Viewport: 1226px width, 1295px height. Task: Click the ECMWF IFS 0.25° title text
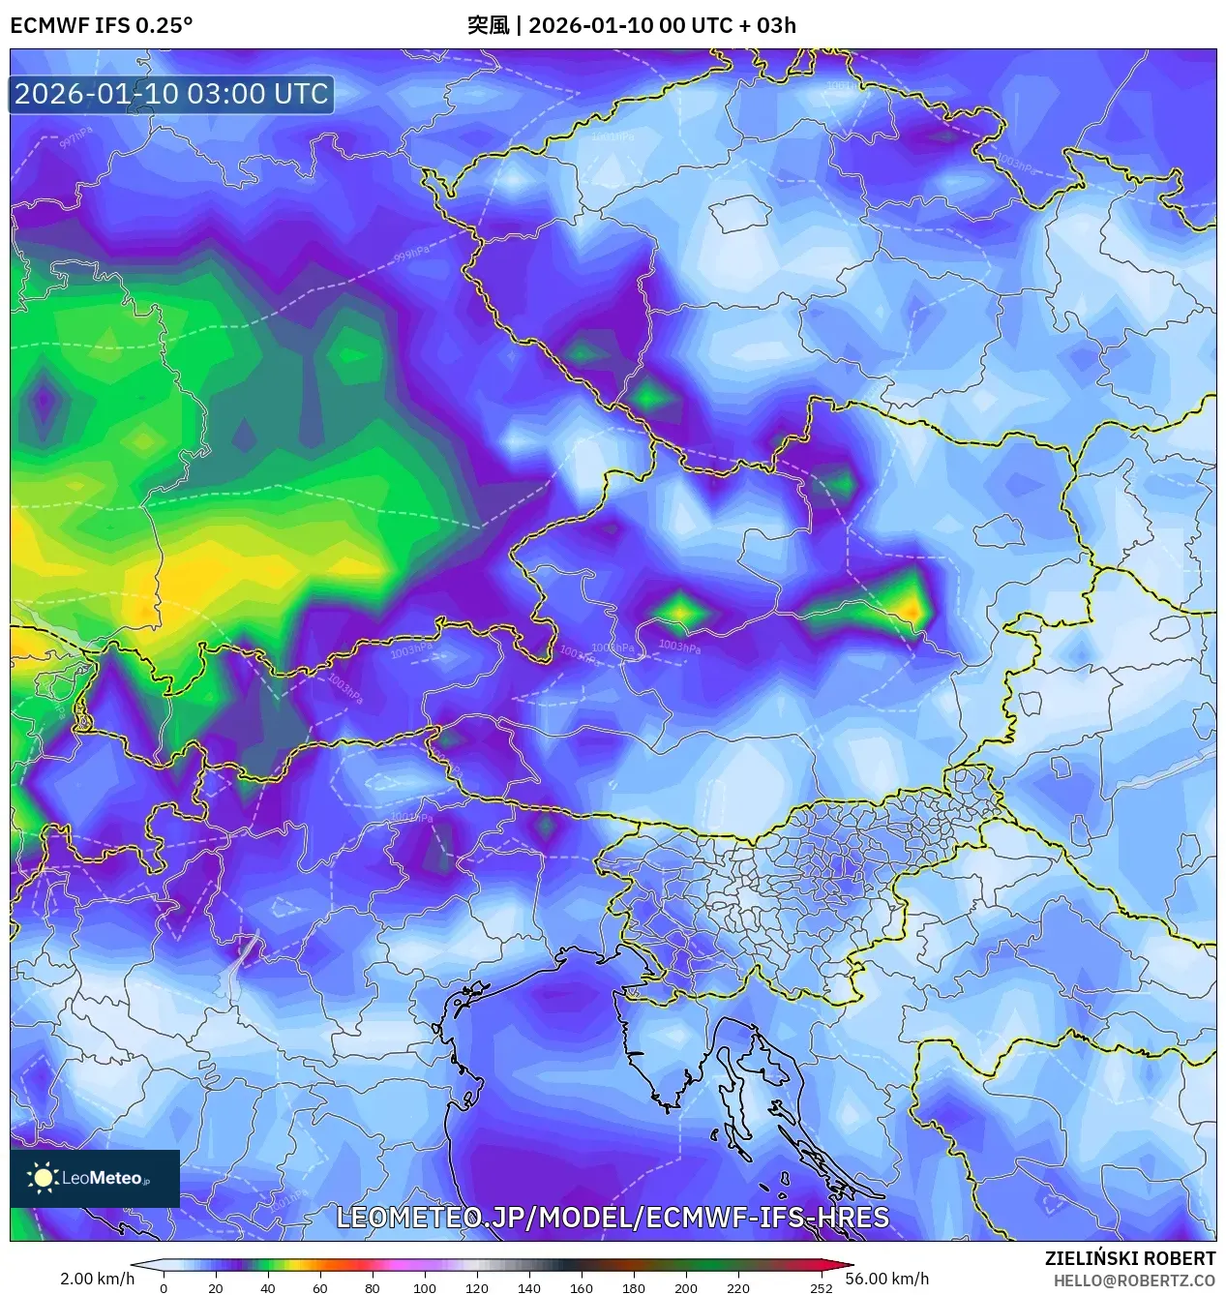click(101, 25)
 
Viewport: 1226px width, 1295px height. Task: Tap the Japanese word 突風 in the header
click(488, 25)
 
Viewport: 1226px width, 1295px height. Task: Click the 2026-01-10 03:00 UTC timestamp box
click(171, 94)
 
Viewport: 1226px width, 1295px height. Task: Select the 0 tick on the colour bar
click(163, 1288)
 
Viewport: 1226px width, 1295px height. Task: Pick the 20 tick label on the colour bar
click(215, 1288)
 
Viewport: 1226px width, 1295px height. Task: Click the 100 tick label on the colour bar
click(424, 1288)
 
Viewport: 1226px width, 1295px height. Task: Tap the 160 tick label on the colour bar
click(581, 1288)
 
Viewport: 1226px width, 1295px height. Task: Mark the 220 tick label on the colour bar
click(737, 1288)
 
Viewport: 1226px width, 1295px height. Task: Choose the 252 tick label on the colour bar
click(821, 1288)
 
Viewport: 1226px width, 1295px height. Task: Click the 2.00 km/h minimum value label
click(97, 1279)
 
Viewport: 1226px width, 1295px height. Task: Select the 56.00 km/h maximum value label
click(886, 1279)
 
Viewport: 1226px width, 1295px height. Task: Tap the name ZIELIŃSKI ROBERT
click(1129, 1258)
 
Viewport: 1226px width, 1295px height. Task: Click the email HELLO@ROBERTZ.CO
click(1134, 1280)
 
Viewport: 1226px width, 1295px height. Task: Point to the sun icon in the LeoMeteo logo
click(43, 1178)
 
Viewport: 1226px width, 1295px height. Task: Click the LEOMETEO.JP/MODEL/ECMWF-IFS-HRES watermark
click(612, 1217)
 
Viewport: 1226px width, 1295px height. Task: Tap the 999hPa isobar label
click(411, 254)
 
